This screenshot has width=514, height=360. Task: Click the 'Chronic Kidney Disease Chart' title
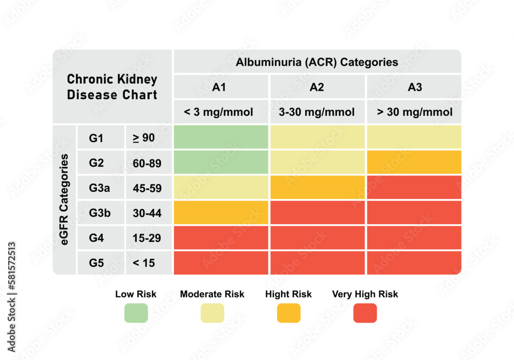112,87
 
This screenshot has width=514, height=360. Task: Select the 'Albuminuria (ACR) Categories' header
317,62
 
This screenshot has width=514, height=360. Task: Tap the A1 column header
219,87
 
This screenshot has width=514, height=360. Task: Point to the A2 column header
317,87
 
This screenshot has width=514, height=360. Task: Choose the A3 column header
414,87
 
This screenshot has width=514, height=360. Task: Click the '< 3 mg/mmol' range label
219,112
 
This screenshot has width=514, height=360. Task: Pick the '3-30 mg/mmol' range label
317,112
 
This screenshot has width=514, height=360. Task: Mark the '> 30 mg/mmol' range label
414,112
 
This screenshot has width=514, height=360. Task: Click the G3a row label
100,188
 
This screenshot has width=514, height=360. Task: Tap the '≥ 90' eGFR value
144,138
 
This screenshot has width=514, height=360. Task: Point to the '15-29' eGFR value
147,238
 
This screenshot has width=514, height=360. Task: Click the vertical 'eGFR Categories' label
65,200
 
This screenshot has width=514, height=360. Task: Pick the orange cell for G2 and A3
414,162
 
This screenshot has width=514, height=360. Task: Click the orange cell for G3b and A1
221,212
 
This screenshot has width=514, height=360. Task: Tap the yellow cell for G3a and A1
221,187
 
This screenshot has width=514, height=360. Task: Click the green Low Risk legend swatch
136,313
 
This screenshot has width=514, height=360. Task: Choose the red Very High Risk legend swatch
365,313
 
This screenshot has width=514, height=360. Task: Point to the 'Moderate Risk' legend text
212,294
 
